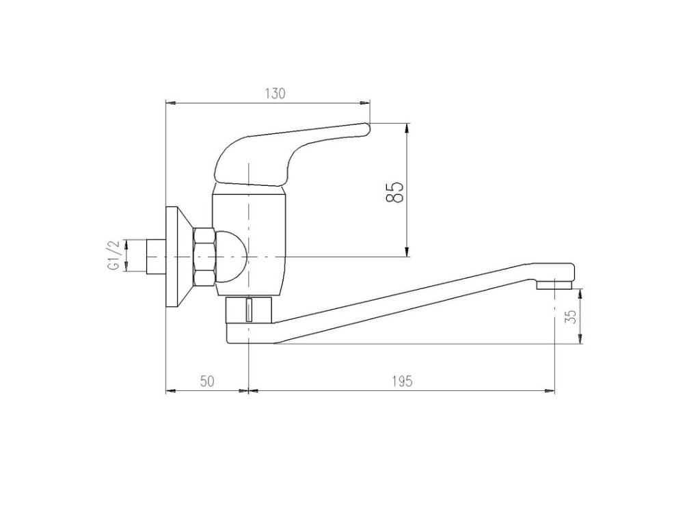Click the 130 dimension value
[275, 94]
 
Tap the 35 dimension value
[572, 317]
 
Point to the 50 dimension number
[207, 381]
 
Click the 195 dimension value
[402, 381]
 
